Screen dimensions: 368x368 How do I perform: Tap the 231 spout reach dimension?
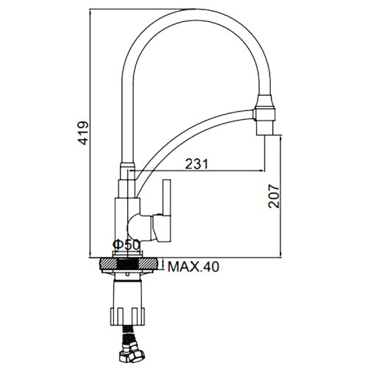tap(197, 164)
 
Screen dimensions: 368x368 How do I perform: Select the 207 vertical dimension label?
tap(274, 197)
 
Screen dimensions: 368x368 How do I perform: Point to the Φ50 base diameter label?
tap(126, 244)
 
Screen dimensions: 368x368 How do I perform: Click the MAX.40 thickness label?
tap(193, 266)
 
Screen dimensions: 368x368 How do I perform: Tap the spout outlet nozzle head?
tap(265, 115)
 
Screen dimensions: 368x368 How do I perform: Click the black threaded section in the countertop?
tap(128, 264)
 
